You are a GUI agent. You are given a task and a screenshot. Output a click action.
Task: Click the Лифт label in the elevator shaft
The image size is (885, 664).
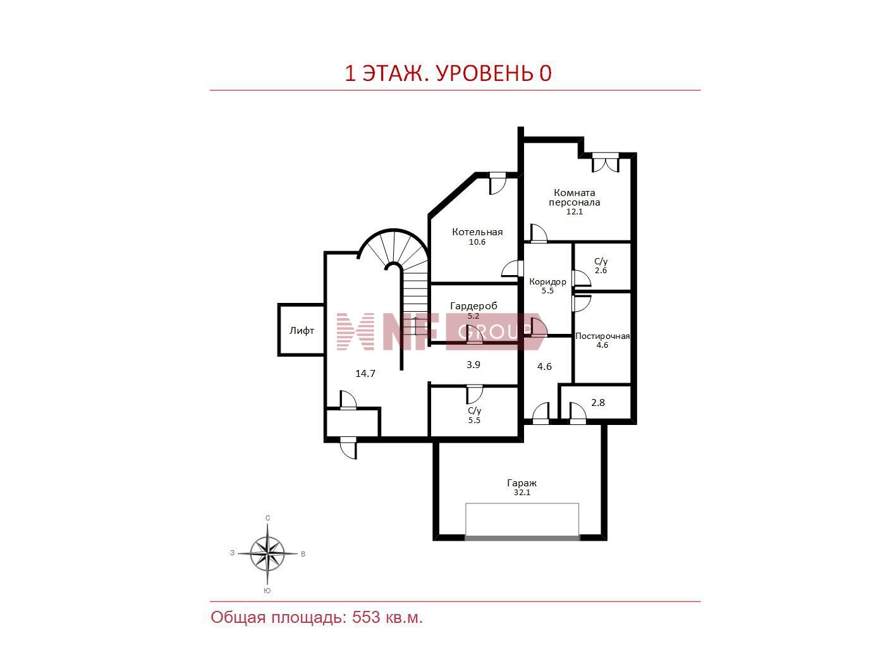[x=301, y=331]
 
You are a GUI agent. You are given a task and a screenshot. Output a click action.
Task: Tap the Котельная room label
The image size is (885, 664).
[x=477, y=232]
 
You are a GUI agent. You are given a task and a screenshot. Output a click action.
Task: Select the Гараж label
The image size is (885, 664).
[x=522, y=483]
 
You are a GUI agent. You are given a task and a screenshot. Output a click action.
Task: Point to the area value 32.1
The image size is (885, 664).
[x=522, y=492]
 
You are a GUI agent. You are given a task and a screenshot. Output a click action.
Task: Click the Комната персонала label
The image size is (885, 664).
[x=574, y=197]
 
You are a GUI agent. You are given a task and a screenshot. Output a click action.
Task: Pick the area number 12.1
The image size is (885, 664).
[x=575, y=212]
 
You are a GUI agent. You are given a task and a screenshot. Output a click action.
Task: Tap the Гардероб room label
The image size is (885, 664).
[x=473, y=306]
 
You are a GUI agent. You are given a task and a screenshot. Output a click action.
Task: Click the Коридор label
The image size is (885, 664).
[x=547, y=281]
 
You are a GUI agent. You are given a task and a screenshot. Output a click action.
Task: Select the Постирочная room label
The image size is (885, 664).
[x=602, y=336]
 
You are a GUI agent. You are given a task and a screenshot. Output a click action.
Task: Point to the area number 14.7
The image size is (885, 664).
[x=365, y=374]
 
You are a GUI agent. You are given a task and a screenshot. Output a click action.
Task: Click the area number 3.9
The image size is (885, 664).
[x=473, y=365]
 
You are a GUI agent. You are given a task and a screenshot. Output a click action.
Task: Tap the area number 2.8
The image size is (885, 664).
[x=598, y=403]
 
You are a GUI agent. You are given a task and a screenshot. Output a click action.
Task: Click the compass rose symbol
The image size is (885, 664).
[x=267, y=553]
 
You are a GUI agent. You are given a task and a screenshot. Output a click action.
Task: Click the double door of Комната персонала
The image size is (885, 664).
[x=605, y=163]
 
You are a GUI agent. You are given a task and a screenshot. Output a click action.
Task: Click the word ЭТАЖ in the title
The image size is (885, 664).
[x=394, y=73]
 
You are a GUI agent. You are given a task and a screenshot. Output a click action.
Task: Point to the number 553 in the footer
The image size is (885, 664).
[x=365, y=617]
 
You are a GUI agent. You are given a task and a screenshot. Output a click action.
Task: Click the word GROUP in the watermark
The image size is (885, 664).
[x=495, y=333]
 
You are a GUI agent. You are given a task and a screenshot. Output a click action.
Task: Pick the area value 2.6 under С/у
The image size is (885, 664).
[x=601, y=271]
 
